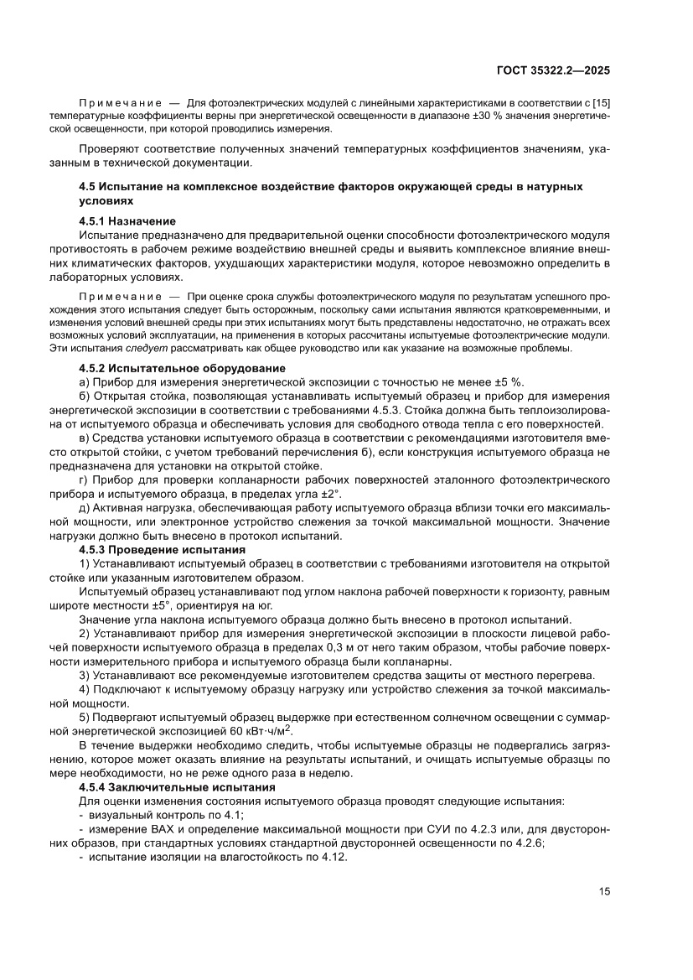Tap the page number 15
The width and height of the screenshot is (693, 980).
(x=604, y=891)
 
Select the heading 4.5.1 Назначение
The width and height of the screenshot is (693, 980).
(x=127, y=221)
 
